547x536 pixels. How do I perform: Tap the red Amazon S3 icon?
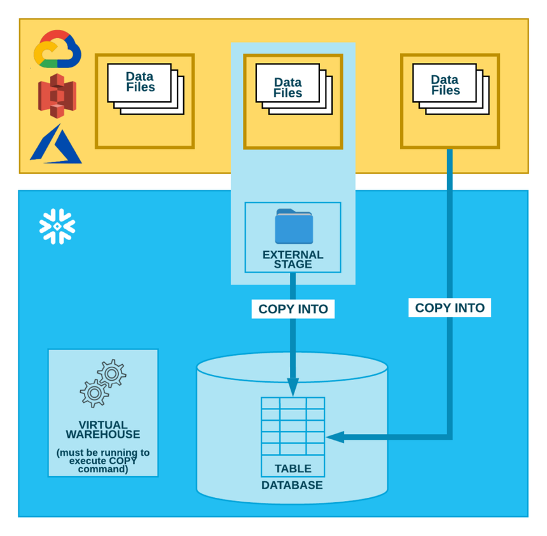coord(57,95)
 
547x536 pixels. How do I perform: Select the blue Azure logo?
coord(56,144)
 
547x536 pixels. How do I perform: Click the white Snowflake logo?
coord(57,226)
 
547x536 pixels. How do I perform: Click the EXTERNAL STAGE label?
coord(293,259)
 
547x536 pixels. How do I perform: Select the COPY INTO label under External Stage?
coord(293,309)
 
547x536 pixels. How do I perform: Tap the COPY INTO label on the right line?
coord(450,308)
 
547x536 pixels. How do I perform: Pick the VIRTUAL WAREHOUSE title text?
coord(102,430)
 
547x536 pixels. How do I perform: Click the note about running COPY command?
coord(102,461)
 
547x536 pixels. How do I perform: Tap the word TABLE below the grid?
coord(293,469)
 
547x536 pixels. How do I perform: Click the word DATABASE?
coord(292,485)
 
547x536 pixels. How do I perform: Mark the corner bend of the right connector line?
coord(450,437)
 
